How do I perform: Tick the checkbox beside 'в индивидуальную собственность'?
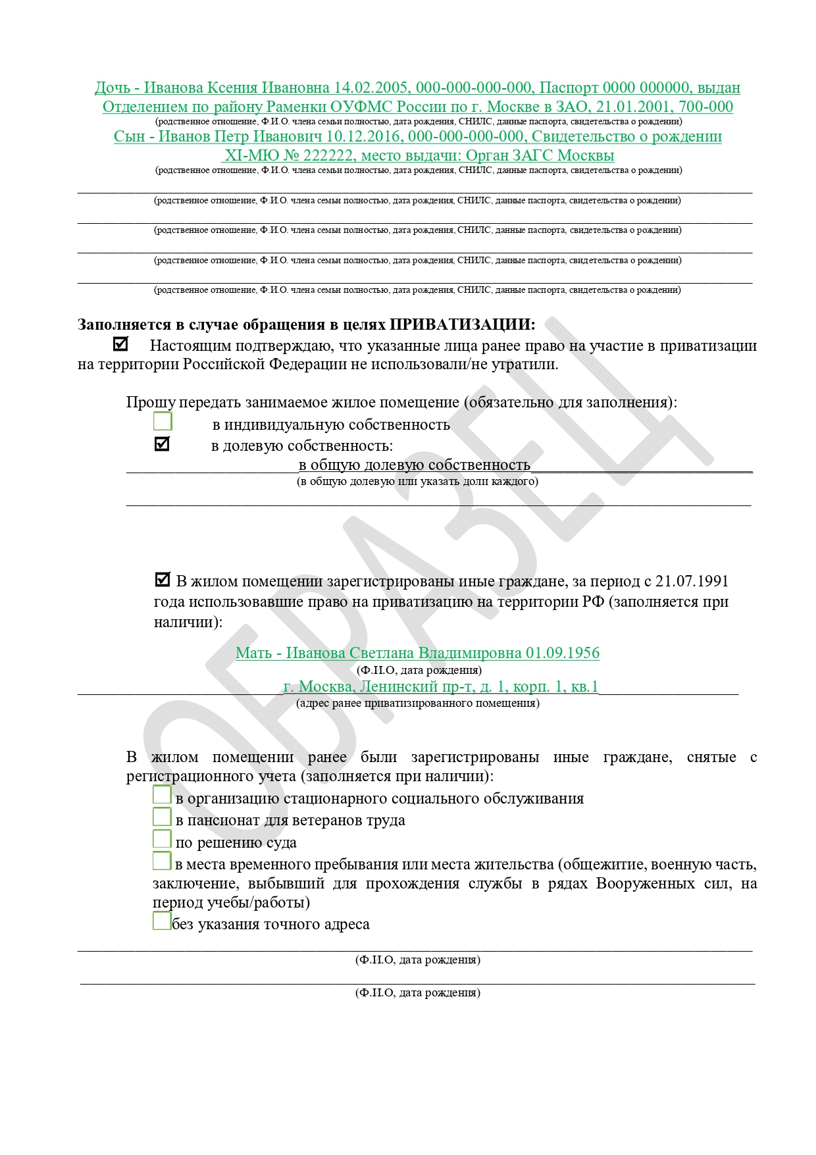(163, 421)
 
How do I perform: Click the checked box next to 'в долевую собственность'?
(162, 444)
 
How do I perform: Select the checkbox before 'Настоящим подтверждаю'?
(120, 344)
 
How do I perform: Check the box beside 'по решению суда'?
(162, 839)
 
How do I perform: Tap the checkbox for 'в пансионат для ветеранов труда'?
(162, 817)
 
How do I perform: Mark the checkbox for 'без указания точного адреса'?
(161, 920)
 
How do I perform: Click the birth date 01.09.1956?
(562, 653)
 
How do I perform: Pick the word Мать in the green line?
(253, 653)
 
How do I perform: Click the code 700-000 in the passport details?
(706, 107)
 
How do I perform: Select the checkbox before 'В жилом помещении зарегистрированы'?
(162, 580)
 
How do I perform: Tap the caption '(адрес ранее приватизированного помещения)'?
(417, 703)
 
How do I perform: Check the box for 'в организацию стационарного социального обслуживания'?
(162, 795)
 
